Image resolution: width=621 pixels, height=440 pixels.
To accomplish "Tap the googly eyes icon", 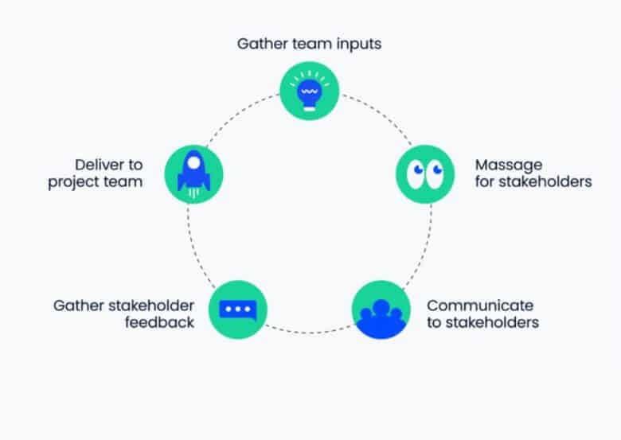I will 424,174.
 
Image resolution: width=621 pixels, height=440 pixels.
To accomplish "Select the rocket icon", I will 193,173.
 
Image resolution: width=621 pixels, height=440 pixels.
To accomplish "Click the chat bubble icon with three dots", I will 237,309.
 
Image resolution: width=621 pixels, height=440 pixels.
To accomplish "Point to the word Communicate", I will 480,306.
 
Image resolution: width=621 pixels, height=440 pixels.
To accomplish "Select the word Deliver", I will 98,165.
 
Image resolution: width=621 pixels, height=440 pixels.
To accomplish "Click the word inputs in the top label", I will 356,43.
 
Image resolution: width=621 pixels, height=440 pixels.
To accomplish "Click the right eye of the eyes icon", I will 435,174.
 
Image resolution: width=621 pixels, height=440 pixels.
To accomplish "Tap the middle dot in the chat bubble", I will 237,308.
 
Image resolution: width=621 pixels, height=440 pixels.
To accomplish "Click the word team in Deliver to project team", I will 123,182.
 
